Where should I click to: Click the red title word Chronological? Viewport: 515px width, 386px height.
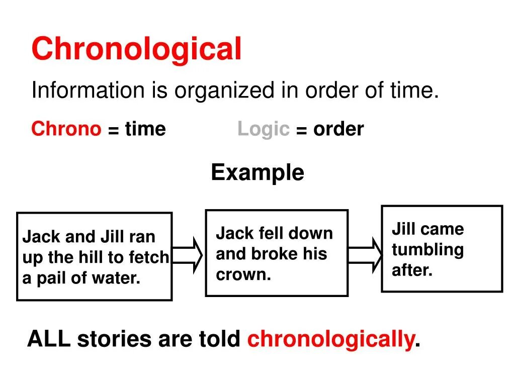pos(136,49)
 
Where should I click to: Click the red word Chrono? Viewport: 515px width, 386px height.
pos(66,129)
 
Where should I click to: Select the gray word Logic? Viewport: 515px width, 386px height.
pos(264,129)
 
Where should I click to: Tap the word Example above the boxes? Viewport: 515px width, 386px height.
pos(257,173)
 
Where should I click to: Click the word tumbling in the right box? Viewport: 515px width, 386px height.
pos(427,250)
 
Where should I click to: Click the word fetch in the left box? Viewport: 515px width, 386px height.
pos(149,257)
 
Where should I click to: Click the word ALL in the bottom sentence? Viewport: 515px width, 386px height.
pos(49,339)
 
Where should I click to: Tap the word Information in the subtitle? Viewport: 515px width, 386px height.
pos(88,91)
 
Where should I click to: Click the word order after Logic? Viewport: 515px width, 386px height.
pos(338,129)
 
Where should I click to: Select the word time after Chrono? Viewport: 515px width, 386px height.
pos(145,129)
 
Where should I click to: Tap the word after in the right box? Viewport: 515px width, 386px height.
pos(412,270)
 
